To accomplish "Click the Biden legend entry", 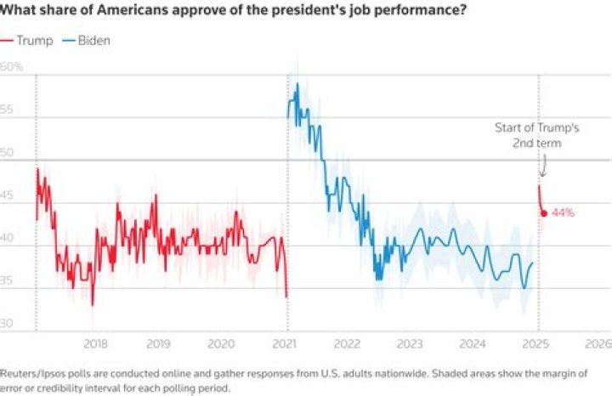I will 88,40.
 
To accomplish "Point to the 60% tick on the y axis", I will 11,66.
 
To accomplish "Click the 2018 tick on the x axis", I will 96,343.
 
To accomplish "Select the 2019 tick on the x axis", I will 158,343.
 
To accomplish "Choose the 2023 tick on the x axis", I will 410,343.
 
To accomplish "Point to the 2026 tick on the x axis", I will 598,343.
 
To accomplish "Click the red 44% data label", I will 563,212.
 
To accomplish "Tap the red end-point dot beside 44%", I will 544,212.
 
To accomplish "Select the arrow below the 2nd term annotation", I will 543,167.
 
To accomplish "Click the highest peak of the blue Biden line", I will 297,84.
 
